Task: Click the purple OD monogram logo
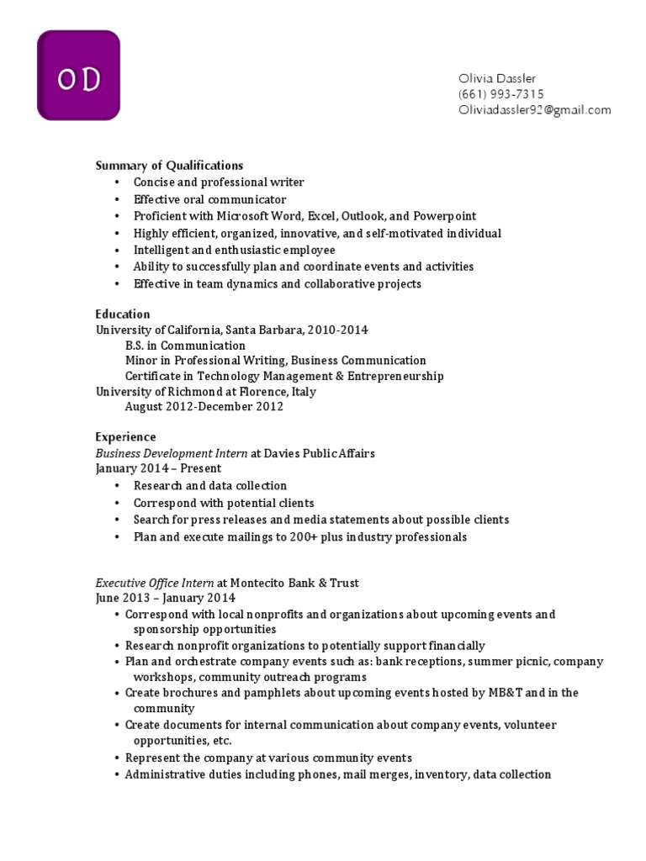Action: pyautogui.click(x=78, y=76)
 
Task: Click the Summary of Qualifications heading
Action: pyautogui.click(x=169, y=166)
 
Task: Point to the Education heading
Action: pyautogui.click(x=123, y=314)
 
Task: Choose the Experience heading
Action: pyautogui.click(x=125, y=437)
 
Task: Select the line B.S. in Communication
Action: pyautogui.click(x=185, y=346)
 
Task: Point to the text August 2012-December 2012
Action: pyautogui.click(x=204, y=407)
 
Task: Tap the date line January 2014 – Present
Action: pyautogui.click(x=159, y=468)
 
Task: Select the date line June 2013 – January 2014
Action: pyautogui.click(x=166, y=599)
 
